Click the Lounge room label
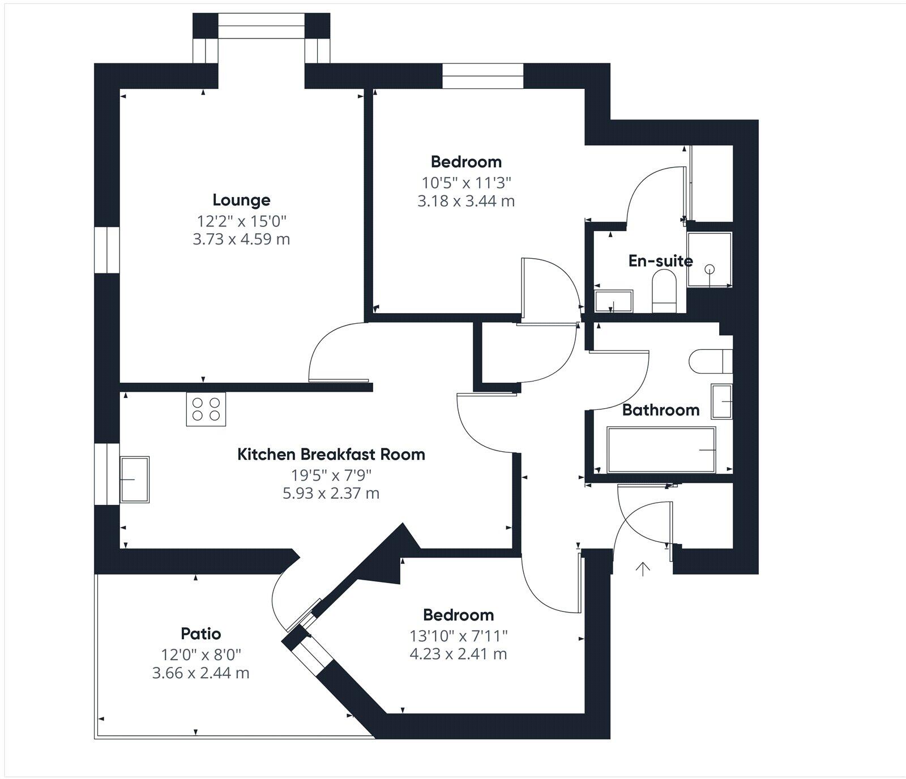pos(241,200)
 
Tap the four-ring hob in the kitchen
pos(206,409)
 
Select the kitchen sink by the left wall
pos(135,480)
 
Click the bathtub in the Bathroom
pos(661,450)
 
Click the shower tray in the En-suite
pos(709,260)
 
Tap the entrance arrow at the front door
pos(642,568)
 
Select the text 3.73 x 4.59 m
pos(241,239)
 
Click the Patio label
pos(200,634)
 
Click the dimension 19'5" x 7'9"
pos(331,474)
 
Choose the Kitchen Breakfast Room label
pos(331,455)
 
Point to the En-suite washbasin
pos(613,301)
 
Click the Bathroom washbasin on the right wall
pos(721,401)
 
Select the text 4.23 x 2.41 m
pos(458,654)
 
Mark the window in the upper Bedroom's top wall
pos(482,76)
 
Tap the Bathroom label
pos(661,410)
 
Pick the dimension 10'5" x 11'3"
pos(466,182)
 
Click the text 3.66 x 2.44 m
pos(200,673)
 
